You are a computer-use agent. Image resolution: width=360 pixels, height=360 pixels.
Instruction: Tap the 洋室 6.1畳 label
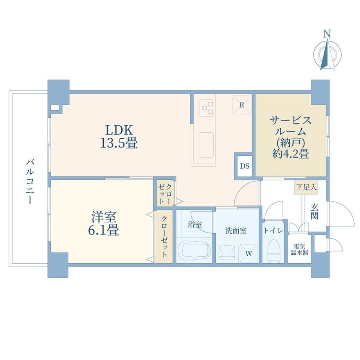pos(104,223)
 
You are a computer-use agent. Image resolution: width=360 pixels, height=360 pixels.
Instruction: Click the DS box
pos(245,166)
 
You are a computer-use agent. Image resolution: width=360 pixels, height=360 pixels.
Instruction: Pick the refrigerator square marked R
pos(242,104)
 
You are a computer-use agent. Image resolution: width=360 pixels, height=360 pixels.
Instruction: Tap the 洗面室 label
pos(236,231)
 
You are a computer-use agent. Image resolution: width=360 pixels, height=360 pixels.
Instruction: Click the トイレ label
pos(273,231)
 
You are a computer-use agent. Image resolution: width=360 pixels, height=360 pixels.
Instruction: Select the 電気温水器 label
pos(299,249)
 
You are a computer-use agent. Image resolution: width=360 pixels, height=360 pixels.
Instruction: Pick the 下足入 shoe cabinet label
pos(306,188)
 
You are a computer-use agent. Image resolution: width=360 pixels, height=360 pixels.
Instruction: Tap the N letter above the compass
pos(328,34)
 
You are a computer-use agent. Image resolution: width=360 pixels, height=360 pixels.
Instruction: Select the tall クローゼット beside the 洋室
pos(165,236)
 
